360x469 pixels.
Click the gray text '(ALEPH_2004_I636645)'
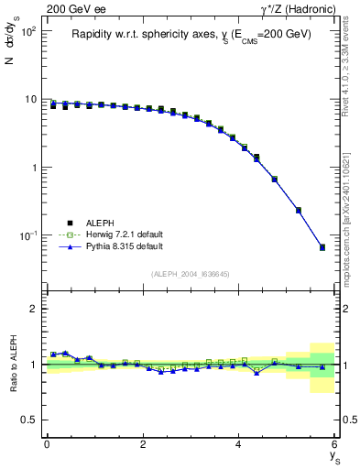pyautogui.click(x=191, y=275)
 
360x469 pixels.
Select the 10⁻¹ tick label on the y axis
pyautogui.click(x=29, y=236)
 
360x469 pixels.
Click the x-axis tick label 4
pyautogui.click(x=238, y=443)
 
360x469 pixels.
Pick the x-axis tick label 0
pyautogui.click(x=47, y=443)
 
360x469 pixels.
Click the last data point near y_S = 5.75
pyautogui.click(x=322, y=247)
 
